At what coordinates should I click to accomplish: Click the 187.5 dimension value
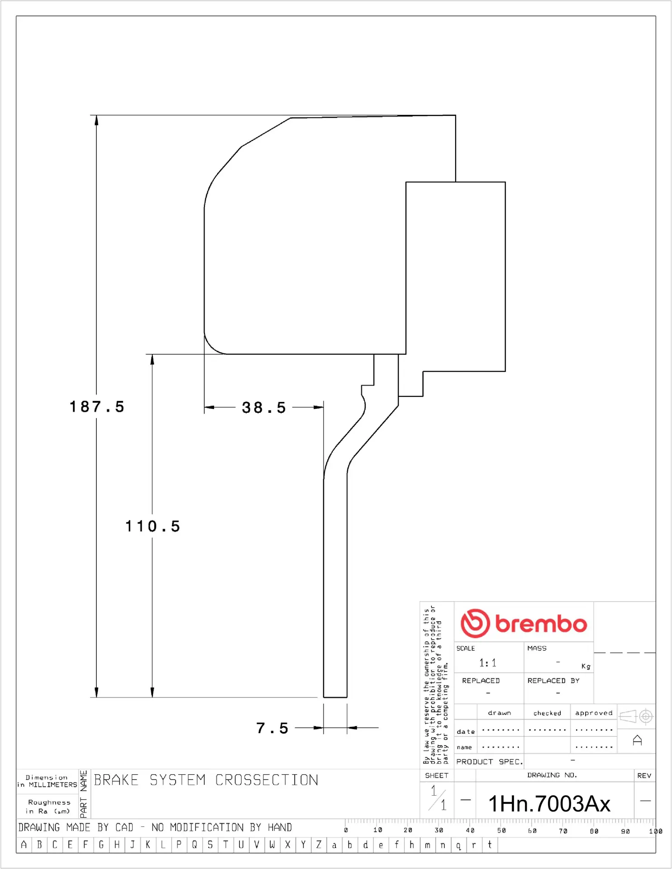[96, 406]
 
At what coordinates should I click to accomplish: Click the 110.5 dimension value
[153, 526]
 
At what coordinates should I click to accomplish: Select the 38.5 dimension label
[264, 407]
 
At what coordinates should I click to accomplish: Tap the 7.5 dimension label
[272, 728]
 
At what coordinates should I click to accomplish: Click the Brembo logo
[524, 623]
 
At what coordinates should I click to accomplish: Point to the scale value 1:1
[488, 663]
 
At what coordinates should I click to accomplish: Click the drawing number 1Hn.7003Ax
[549, 804]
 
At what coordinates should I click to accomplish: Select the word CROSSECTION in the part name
[266, 780]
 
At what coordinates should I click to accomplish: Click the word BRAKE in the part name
[116, 780]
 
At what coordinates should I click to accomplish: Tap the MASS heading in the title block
[537, 648]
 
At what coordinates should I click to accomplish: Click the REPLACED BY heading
[553, 681]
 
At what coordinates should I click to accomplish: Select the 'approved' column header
[593, 713]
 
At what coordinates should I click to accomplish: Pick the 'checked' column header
[547, 713]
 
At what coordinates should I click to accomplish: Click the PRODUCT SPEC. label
[489, 762]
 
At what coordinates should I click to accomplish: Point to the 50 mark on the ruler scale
[501, 831]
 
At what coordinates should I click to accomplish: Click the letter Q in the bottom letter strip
[194, 845]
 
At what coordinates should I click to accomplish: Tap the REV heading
[644, 775]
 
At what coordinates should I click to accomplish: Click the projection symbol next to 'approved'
[636, 716]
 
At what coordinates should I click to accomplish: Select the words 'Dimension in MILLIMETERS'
[47, 781]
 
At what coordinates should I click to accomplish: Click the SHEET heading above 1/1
[436, 775]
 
